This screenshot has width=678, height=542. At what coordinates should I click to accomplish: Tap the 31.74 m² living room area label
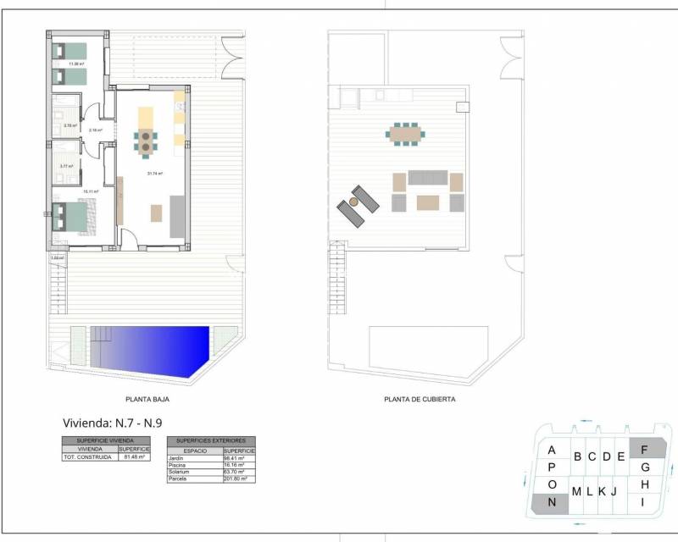154,174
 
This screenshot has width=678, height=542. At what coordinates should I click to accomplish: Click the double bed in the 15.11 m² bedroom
72,216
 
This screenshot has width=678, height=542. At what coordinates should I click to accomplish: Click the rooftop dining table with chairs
404,133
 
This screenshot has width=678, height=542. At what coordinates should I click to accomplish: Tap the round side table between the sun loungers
354,203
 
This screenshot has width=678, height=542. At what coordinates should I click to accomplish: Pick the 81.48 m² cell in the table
136,457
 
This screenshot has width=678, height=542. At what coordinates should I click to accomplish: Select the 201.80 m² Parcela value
236,478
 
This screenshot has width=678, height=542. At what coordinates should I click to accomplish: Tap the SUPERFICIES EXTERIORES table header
211,441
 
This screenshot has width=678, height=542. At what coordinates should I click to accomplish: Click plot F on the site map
645,449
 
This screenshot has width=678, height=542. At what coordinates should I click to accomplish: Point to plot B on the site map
577,457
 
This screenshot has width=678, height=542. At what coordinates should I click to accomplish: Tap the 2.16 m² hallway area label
96,130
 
